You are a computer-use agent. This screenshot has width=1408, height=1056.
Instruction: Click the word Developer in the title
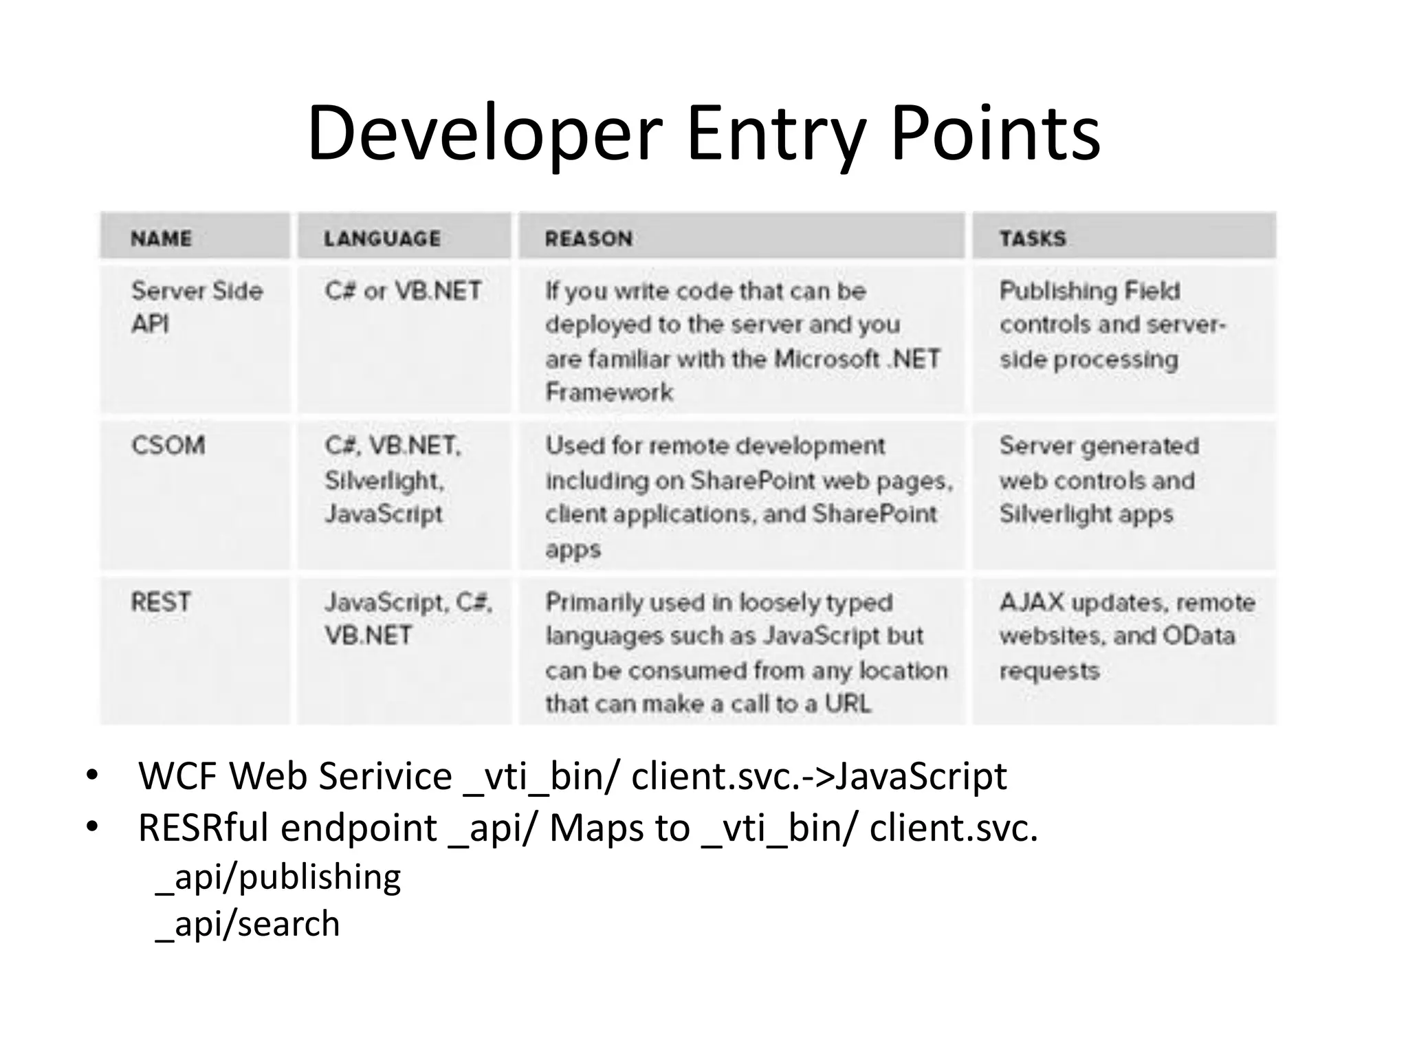[x=485, y=134]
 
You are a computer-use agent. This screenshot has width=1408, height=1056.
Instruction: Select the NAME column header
[x=162, y=239]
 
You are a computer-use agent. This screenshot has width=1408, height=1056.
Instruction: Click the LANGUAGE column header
[x=382, y=239]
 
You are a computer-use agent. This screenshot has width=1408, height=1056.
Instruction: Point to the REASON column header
[x=588, y=239]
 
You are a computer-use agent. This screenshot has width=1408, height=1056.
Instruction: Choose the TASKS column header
[x=1033, y=239]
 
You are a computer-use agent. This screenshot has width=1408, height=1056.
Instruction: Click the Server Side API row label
[x=197, y=307]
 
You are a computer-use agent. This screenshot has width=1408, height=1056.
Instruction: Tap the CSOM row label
[x=168, y=445]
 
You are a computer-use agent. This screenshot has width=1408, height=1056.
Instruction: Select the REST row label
[x=160, y=602]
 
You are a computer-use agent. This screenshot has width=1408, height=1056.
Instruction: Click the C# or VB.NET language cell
[x=403, y=291]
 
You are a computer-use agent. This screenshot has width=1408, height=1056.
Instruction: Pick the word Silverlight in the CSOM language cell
[x=384, y=481]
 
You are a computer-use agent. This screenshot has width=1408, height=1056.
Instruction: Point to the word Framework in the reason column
[x=609, y=393]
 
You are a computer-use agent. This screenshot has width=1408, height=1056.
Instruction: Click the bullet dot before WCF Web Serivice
[x=92, y=776]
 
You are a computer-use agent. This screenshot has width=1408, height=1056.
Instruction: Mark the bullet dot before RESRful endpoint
[x=92, y=827]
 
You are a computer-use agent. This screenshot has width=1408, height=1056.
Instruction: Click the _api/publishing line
[x=278, y=878]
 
